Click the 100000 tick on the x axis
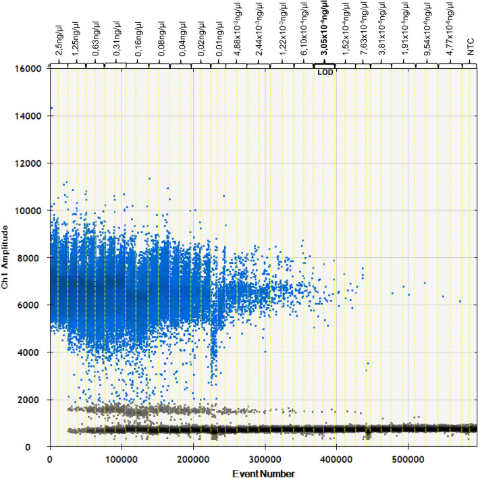122,460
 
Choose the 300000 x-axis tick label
265,460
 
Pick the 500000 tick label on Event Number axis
408,460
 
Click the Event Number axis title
263,473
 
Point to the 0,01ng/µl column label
221,38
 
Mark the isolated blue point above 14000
51,108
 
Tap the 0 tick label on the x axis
51,460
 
